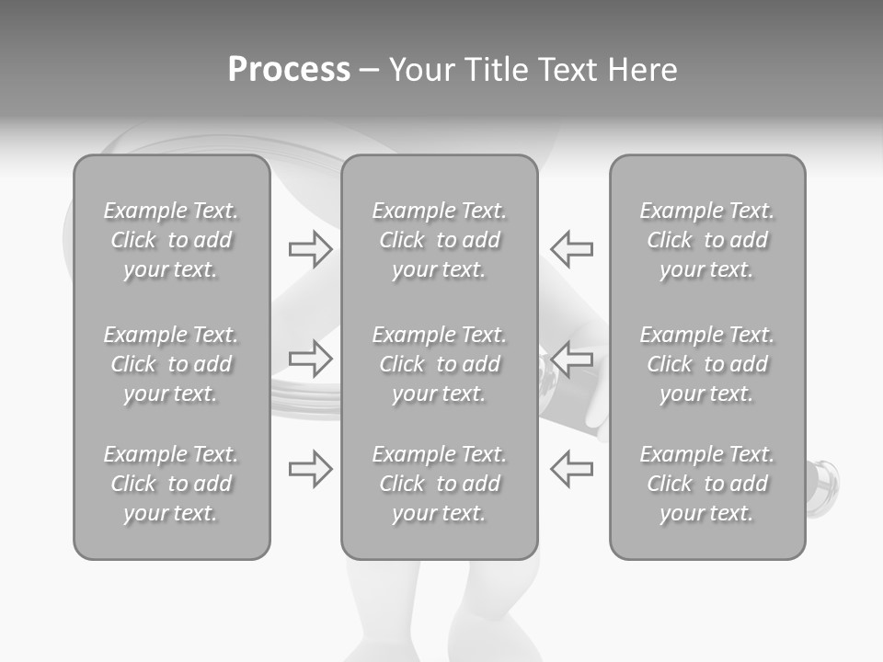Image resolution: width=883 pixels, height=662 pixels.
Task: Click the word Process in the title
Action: point(289,70)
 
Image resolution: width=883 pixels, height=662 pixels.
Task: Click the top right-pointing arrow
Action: point(310,249)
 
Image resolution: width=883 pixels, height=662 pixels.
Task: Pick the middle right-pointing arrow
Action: point(310,358)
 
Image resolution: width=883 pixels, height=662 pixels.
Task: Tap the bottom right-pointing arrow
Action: point(310,468)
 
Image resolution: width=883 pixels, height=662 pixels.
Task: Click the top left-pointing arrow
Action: point(571,249)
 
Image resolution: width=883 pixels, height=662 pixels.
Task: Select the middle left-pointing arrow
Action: point(571,358)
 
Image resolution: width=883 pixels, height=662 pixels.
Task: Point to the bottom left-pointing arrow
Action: point(571,468)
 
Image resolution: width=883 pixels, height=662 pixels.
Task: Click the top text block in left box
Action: point(171,240)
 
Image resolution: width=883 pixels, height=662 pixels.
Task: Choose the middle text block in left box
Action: point(171,364)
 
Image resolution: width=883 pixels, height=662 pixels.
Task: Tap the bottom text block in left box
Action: point(171,484)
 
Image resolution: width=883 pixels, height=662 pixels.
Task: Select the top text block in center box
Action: point(439,240)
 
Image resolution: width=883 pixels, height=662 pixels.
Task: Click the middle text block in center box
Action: point(439,364)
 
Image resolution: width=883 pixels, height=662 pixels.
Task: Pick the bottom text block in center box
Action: point(439,484)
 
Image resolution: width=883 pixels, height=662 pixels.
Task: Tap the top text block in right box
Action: point(706,240)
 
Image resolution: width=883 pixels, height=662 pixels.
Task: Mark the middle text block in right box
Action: point(706,364)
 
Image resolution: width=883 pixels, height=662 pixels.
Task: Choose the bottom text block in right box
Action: point(706,484)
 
